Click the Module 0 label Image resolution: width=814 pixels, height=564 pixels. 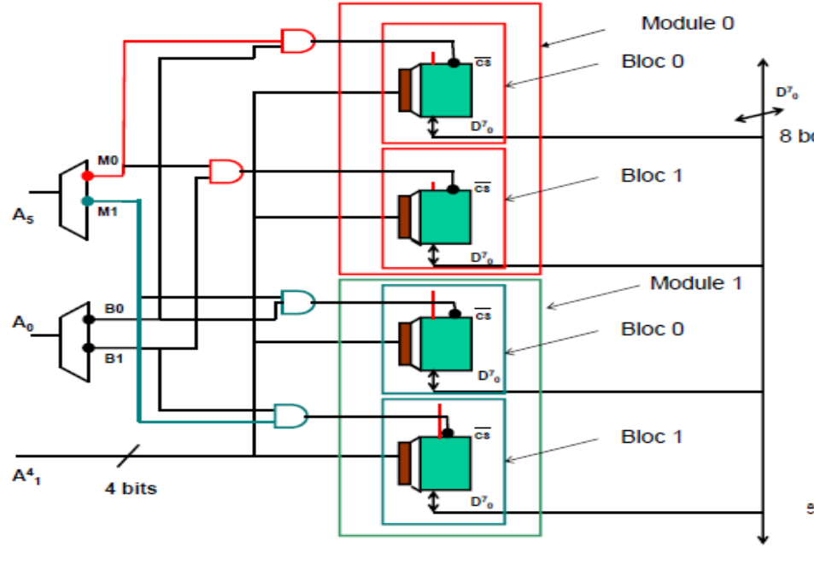coord(688,23)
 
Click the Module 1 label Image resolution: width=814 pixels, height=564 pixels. coord(695,282)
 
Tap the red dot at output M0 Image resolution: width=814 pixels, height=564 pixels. coord(87,176)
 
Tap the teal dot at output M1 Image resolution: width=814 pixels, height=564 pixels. coord(87,201)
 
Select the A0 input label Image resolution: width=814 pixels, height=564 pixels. coord(24,323)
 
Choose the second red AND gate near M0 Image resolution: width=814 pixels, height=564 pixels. coord(225,172)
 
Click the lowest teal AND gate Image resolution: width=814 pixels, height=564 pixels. coord(290,416)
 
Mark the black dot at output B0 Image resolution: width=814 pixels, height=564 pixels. coord(87,321)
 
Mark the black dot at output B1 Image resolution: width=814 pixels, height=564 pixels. coord(87,347)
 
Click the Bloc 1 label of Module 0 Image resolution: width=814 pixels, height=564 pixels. coord(652,176)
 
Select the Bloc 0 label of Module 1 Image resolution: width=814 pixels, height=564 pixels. coord(652,329)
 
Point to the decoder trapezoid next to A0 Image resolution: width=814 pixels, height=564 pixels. coord(74,335)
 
